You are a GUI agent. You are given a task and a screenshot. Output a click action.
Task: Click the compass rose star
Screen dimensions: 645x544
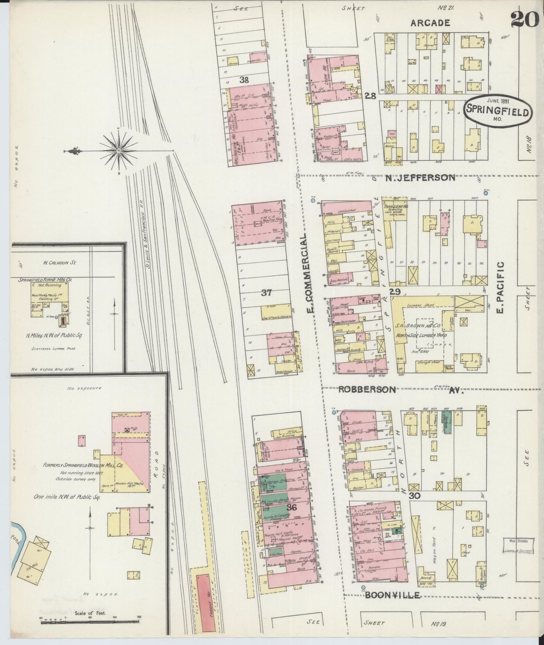click(119, 151)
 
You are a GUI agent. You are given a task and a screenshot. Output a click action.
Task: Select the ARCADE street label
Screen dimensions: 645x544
click(430, 23)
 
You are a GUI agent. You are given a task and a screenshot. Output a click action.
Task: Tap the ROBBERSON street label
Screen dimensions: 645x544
click(367, 390)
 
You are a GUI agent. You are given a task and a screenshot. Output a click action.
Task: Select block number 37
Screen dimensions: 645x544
click(267, 292)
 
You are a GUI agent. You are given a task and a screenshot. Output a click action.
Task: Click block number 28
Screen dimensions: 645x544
click(370, 96)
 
